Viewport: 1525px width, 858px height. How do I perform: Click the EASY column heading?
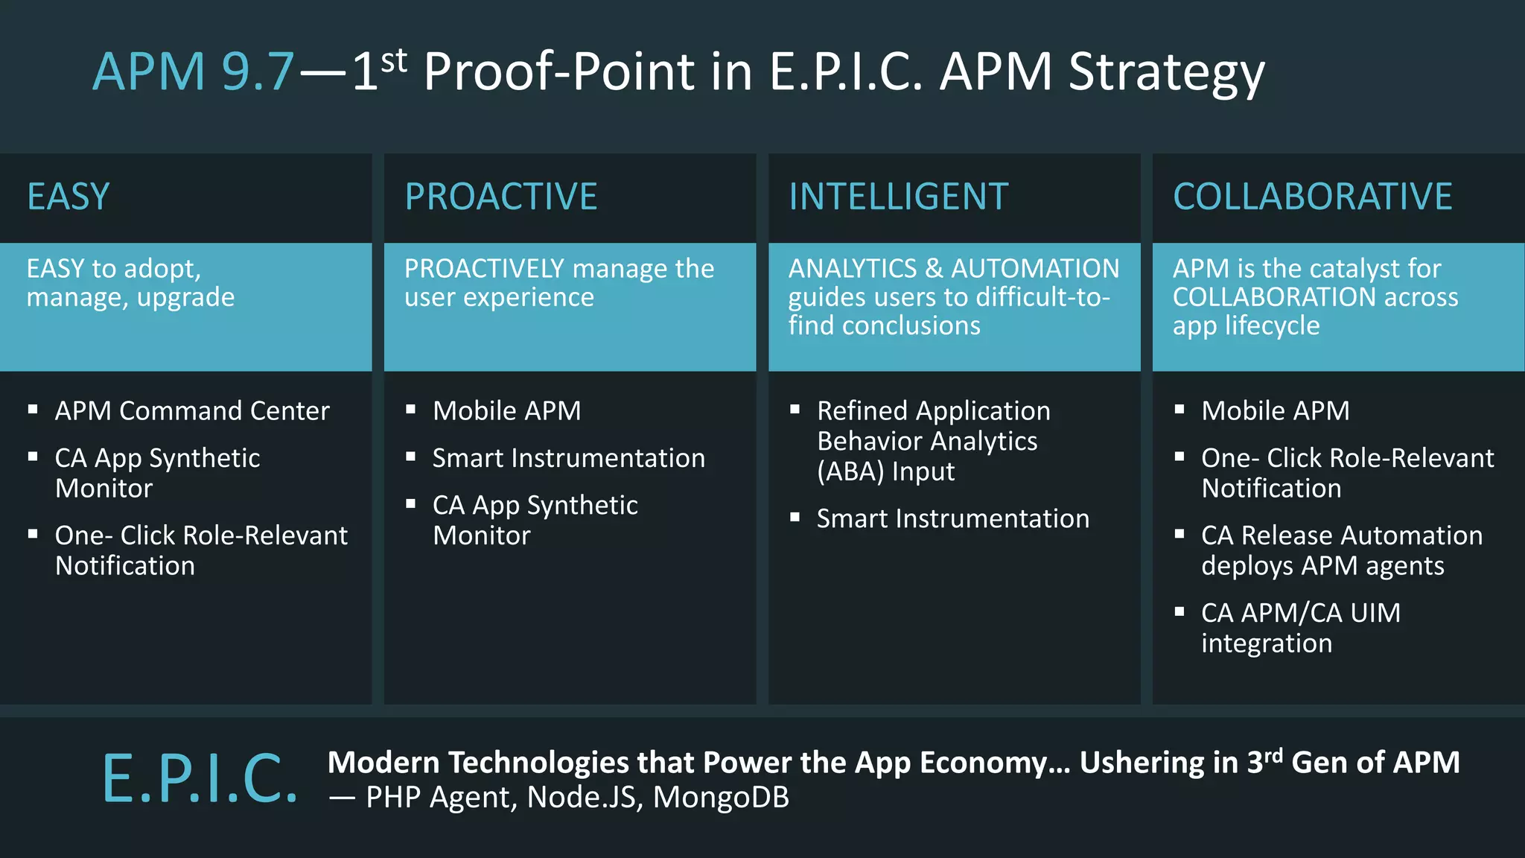click(x=69, y=197)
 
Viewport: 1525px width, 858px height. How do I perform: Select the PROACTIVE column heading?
click(x=500, y=197)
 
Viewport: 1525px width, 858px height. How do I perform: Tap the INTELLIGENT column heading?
click(x=898, y=197)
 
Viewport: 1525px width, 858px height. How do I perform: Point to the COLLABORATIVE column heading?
click(x=1312, y=197)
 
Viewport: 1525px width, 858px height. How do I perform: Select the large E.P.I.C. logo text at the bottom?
click(x=200, y=779)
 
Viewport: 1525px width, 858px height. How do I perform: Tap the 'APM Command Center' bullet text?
click(x=192, y=411)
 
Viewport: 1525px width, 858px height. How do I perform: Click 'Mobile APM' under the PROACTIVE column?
click(x=506, y=411)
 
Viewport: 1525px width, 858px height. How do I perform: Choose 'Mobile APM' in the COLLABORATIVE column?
click(x=1275, y=411)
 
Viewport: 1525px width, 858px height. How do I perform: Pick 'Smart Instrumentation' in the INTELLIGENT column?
click(x=952, y=519)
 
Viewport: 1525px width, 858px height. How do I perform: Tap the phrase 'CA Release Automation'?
click(x=1341, y=536)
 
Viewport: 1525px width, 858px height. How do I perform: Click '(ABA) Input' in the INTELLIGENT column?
click(x=885, y=472)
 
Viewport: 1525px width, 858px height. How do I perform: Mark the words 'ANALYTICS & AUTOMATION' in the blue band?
click(x=953, y=269)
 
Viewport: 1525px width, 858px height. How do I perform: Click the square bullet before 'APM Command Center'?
click(x=33, y=409)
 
